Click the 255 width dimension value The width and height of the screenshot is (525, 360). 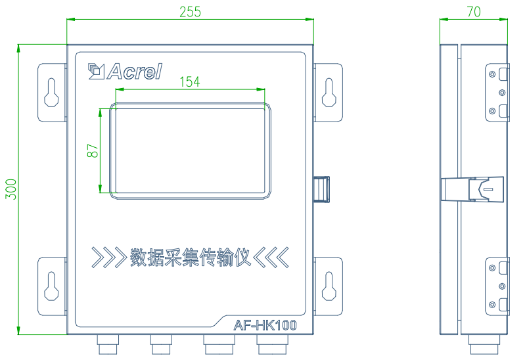tap(190, 12)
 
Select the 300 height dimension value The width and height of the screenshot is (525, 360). tap(11, 189)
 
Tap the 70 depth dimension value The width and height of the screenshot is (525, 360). tap(474, 12)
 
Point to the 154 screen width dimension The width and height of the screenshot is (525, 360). tap(190, 81)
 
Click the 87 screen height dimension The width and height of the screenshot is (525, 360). tap(93, 150)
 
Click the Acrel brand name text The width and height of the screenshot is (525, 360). tap(135, 72)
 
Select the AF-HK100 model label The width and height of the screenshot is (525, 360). tap(265, 325)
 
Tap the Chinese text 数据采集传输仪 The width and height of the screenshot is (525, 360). tap(190, 258)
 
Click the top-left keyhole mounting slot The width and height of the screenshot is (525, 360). tap(51, 93)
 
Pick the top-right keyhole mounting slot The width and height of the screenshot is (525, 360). tap(329, 93)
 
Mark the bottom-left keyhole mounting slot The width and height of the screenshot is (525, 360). tap(51, 286)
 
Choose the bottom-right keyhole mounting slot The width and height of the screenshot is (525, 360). tap(329, 286)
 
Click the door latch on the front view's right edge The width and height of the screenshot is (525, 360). tap(321, 189)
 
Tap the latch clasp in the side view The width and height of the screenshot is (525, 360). tap(472, 189)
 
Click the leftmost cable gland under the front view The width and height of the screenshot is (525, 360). tap(108, 345)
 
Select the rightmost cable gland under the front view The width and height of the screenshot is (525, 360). tap(272, 345)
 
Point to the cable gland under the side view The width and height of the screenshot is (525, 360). tap(484, 345)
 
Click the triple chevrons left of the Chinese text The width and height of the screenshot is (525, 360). tap(109, 258)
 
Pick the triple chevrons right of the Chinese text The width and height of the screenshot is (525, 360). tap(271, 258)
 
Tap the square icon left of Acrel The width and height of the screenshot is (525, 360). tap(97, 72)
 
